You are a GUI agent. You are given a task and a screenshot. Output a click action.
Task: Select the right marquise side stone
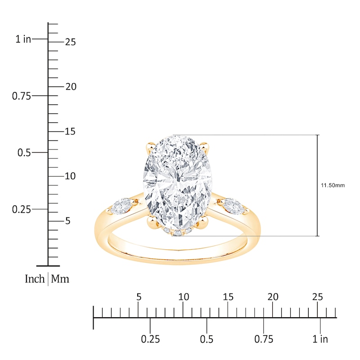(x=236, y=206)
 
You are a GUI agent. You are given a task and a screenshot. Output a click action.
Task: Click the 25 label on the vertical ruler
(x=70, y=42)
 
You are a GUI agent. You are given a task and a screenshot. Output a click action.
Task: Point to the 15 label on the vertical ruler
(x=70, y=131)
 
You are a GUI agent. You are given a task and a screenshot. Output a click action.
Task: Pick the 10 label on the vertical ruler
(x=70, y=176)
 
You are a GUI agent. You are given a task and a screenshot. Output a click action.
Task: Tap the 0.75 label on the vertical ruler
(x=21, y=96)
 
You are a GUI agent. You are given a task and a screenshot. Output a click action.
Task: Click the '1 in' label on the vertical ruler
(x=23, y=39)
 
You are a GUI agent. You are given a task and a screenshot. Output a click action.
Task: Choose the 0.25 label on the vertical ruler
(x=21, y=209)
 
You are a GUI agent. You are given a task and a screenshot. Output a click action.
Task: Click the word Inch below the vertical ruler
(x=35, y=279)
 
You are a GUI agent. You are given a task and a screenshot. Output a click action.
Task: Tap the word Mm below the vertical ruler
(x=60, y=279)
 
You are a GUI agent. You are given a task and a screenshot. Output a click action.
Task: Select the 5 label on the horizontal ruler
(x=139, y=297)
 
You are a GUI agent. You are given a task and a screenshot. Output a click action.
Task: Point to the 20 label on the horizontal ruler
(x=273, y=297)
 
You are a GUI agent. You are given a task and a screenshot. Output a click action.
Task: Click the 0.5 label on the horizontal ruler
(x=207, y=339)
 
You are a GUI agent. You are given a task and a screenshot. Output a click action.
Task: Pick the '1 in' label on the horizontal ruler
(x=320, y=339)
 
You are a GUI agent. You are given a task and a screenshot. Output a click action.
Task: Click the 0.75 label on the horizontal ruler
(x=264, y=339)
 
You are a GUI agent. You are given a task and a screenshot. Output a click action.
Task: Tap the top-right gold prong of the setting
(x=204, y=147)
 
